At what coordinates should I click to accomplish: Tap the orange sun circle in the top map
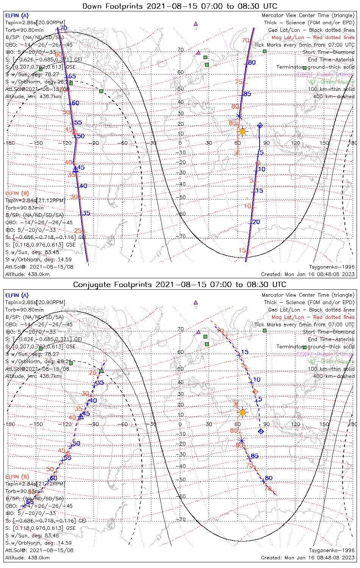click(242, 131)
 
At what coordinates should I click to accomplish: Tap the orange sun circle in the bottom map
click(242, 412)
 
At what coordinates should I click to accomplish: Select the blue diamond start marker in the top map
click(260, 125)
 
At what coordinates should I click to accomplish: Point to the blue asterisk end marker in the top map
click(239, 116)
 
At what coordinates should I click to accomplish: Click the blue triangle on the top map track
click(75, 169)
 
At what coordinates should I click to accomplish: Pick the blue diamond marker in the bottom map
click(261, 431)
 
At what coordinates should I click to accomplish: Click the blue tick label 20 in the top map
click(257, 222)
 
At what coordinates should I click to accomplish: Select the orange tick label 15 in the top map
click(242, 250)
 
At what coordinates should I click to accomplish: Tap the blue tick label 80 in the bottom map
click(269, 478)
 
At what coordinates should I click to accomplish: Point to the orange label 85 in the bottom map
click(234, 431)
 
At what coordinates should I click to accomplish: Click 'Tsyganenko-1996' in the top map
click(332, 267)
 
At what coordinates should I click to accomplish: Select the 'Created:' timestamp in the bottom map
click(308, 558)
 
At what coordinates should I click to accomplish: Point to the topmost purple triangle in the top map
click(196, 23)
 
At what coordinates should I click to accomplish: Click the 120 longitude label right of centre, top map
click(296, 143)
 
